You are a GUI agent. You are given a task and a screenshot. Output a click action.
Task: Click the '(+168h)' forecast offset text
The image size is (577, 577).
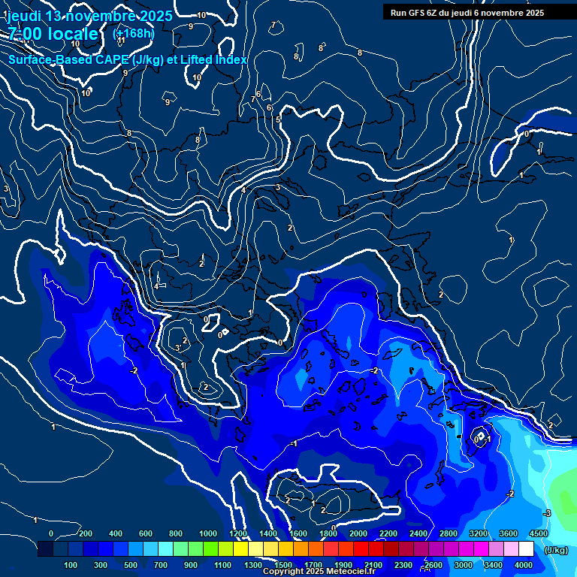point(134,34)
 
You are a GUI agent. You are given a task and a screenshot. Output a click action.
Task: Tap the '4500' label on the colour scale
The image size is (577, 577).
point(538,533)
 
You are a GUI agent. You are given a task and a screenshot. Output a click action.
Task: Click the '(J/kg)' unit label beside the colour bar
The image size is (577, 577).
point(555,550)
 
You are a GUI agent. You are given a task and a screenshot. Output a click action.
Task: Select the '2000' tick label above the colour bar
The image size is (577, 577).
point(359,533)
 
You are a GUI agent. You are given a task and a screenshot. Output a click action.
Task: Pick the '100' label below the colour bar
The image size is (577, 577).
point(71,565)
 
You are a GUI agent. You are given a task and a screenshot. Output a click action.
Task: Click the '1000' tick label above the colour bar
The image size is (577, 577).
point(207,533)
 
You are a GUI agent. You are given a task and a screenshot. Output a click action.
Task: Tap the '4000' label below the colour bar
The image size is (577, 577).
point(524,565)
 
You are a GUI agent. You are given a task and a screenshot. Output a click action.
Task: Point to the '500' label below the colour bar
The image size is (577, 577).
point(131,565)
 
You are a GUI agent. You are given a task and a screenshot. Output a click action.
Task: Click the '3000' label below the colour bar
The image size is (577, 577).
point(463,565)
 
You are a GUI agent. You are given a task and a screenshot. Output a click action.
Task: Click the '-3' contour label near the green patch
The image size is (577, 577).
point(547,513)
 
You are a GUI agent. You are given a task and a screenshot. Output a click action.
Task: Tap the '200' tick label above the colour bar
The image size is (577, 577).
point(86,533)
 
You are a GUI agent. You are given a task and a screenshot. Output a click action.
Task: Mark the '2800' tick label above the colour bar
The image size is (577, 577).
point(449,533)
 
